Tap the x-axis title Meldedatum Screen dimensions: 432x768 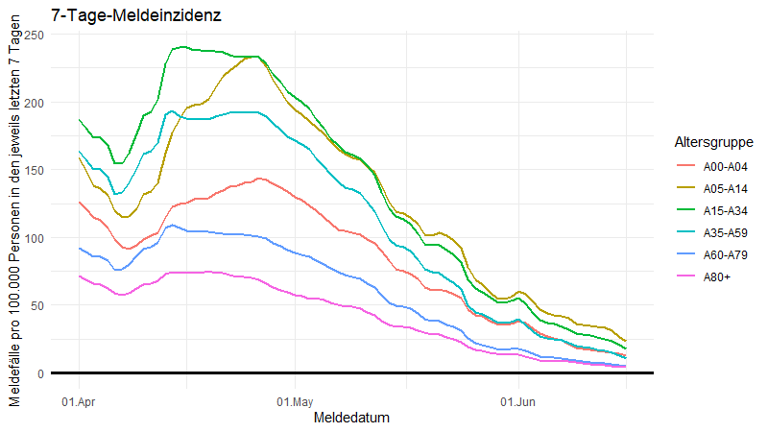(351, 418)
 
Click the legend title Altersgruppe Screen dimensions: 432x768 (711, 142)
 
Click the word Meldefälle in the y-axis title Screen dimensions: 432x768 (14, 372)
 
